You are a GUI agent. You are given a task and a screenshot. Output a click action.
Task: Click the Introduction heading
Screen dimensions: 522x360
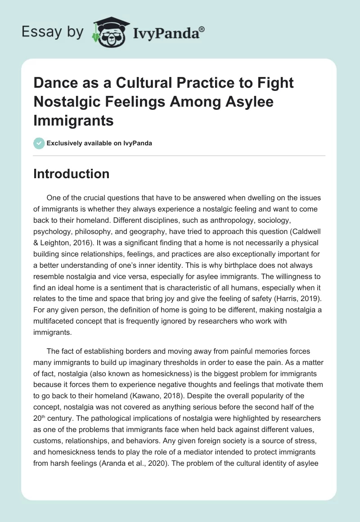click(71, 174)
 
